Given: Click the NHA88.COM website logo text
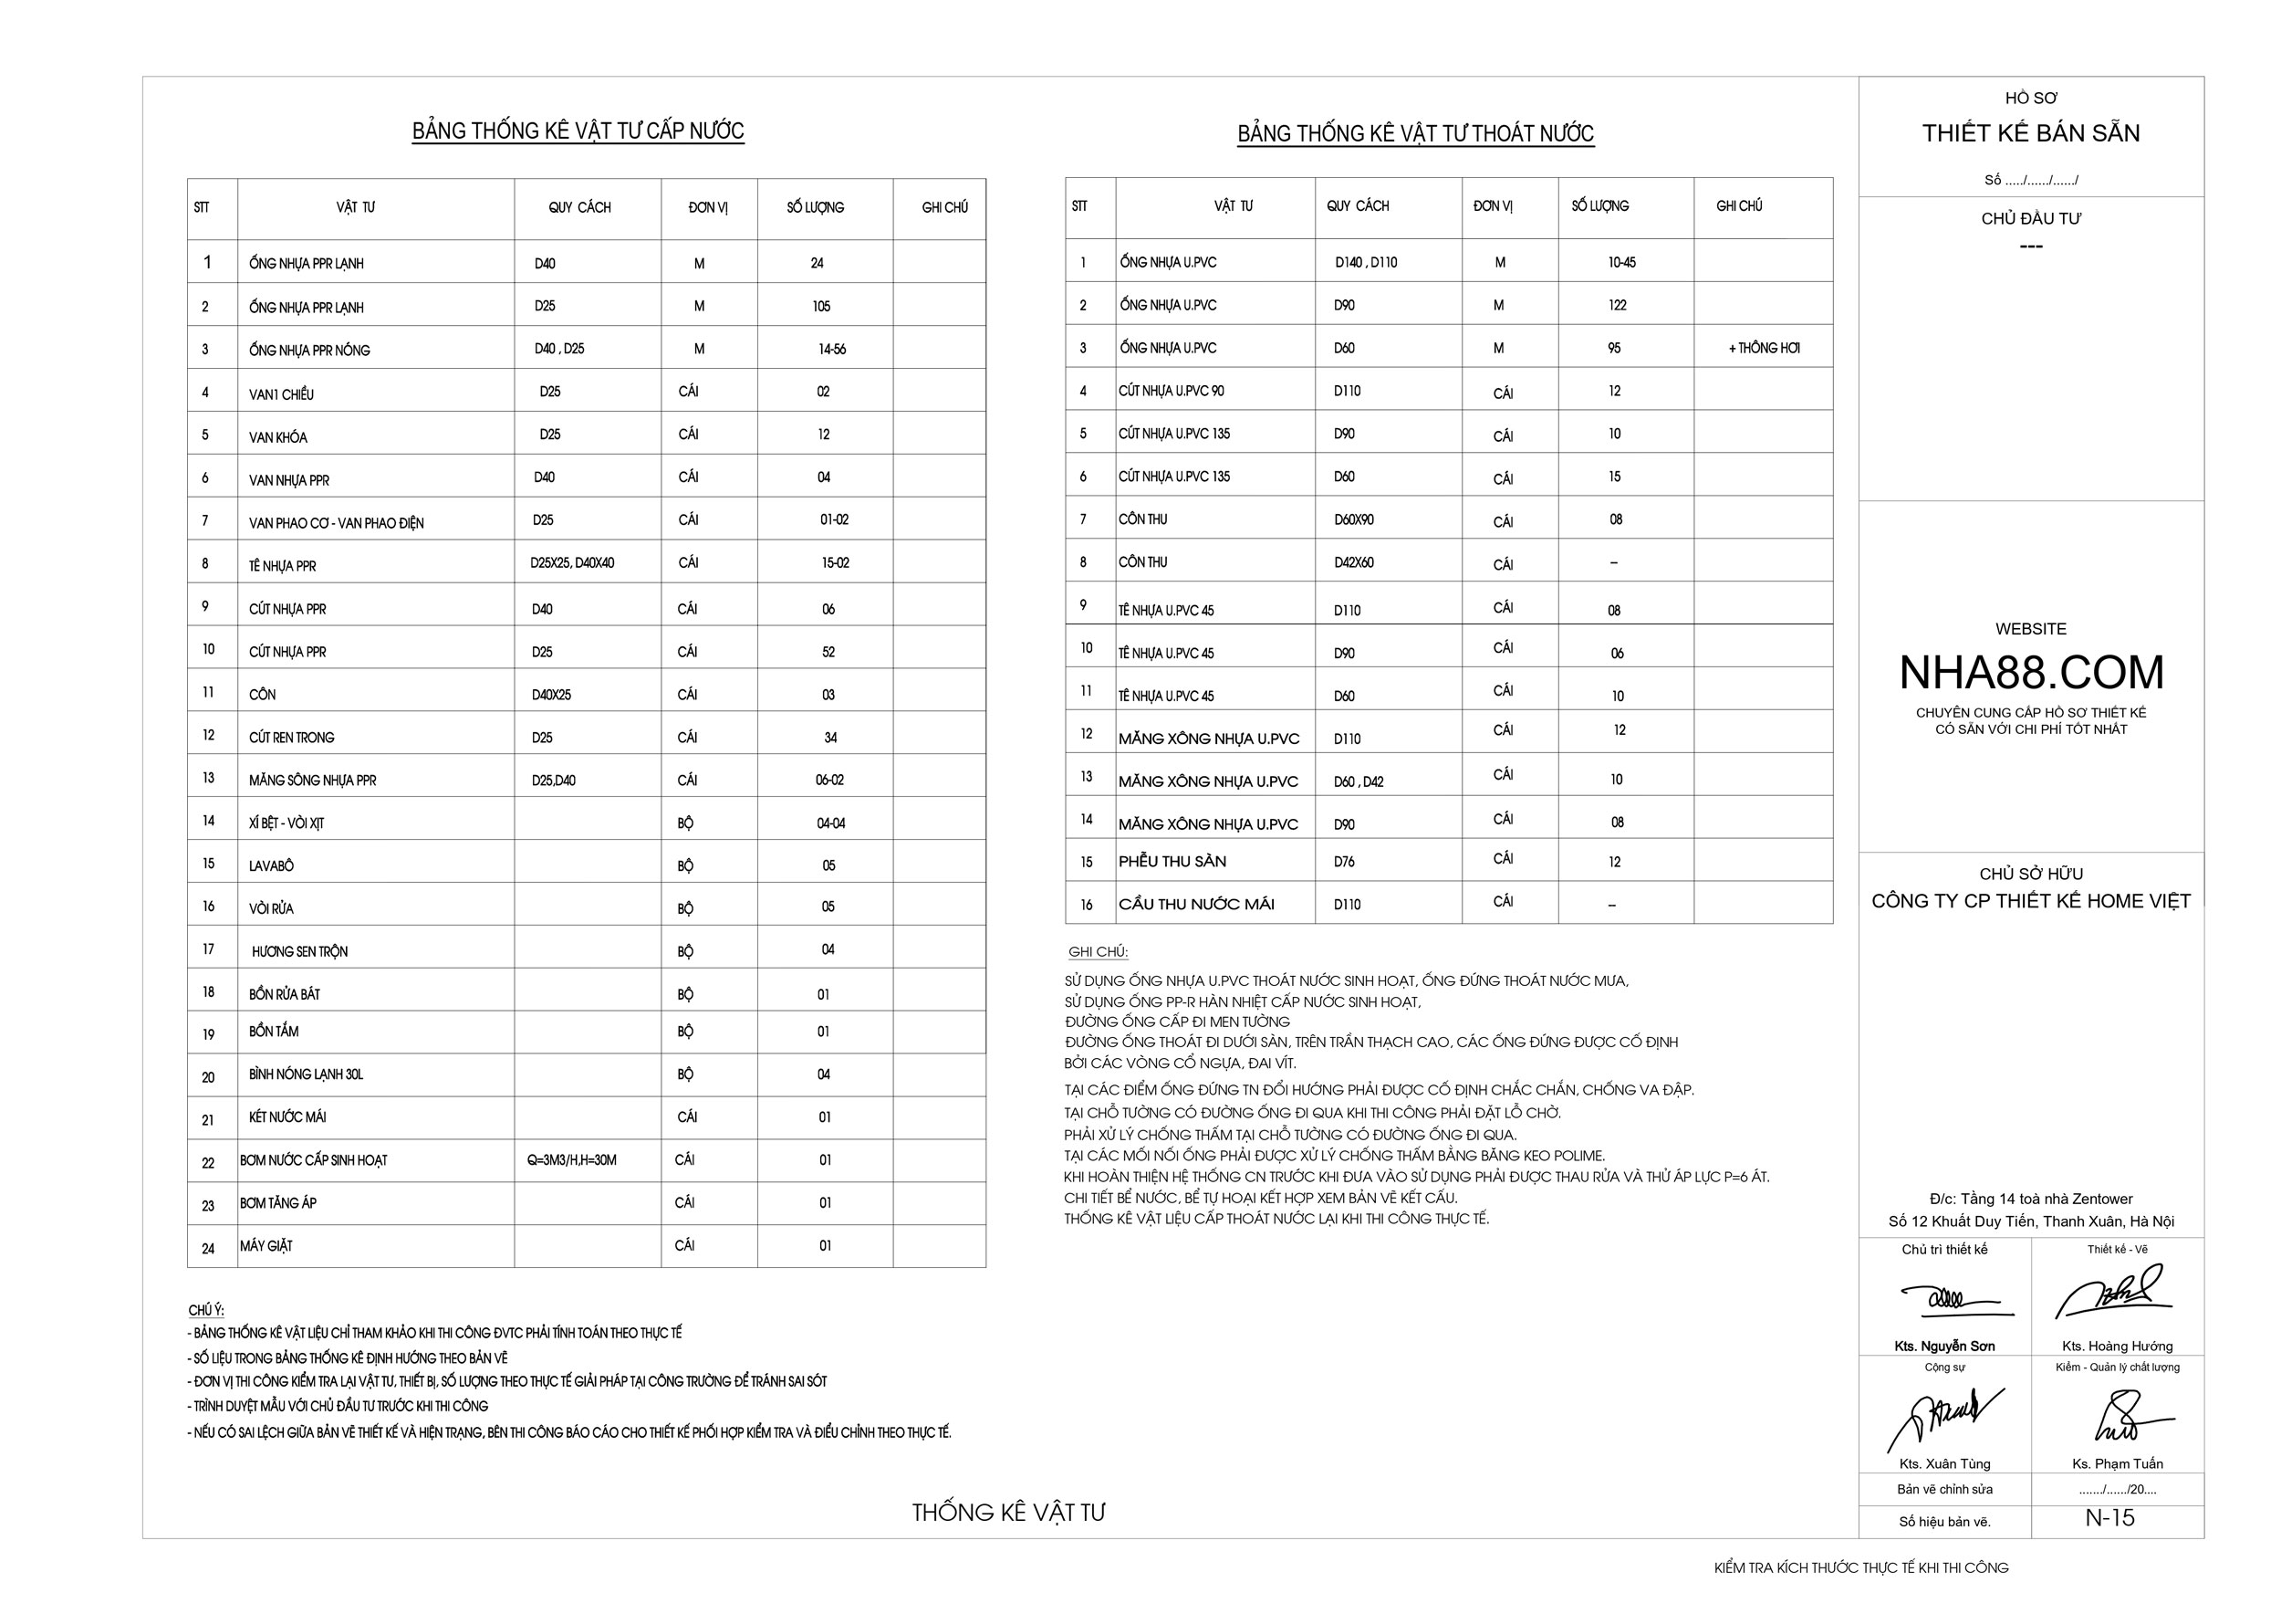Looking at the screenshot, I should (x=2031, y=673).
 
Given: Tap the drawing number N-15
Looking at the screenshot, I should (x=2109, y=1517).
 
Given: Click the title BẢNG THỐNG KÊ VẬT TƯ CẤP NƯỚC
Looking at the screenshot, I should (x=578, y=131).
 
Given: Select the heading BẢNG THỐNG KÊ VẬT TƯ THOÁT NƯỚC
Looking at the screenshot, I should (x=1415, y=133).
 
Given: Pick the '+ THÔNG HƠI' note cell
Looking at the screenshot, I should (x=1764, y=348).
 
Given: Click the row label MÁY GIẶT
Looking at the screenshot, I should (x=266, y=1246).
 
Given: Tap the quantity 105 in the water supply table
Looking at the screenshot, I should (x=820, y=306).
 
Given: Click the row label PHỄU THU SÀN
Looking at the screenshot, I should (x=1172, y=862).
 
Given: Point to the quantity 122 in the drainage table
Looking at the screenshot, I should (x=1618, y=305).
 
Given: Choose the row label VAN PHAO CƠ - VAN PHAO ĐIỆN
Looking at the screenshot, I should (x=336, y=523).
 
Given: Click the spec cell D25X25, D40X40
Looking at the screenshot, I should (x=572, y=562).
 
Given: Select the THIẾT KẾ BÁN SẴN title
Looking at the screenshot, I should (x=2031, y=133).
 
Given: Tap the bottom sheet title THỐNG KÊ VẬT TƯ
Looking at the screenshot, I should (x=1008, y=1512).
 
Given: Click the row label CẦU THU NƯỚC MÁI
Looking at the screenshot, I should (x=1196, y=905).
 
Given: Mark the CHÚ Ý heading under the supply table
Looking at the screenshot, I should (x=205, y=1310).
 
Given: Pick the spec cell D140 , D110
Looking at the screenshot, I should (x=1366, y=262).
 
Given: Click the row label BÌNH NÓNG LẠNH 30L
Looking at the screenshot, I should (x=306, y=1074).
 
